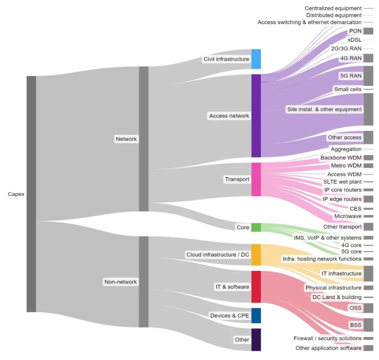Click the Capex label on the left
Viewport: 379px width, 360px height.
point(16,194)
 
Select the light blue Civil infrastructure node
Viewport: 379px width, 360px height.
point(256,59)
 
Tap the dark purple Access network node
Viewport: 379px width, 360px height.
point(256,116)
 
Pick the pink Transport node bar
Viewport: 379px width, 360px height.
point(256,179)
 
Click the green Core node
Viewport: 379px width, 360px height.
point(256,227)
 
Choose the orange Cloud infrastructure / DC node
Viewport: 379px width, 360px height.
point(256,254)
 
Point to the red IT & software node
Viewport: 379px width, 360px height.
point(256,286)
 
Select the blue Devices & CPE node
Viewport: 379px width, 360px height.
point(256,315)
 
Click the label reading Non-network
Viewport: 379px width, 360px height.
point(120,282)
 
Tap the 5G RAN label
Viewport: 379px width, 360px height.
point(351,75)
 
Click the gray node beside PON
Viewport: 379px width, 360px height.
point(368,31)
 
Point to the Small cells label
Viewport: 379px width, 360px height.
point(347,89)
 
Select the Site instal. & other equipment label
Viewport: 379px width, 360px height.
point(324,109)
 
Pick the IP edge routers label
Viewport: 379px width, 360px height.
point(342,199)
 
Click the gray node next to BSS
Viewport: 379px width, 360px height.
point(368,325)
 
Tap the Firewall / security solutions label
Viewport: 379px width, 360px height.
point(327,338)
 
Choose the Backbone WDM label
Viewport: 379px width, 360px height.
point(341,158)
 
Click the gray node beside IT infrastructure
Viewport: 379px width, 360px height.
point(368,273)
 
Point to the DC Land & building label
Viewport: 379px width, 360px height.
point(337,297)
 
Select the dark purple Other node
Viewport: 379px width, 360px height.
point(256,339)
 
